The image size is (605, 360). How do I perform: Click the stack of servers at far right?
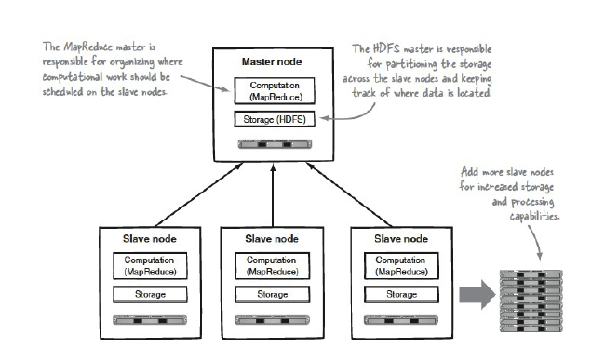[x=533, y=300]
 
